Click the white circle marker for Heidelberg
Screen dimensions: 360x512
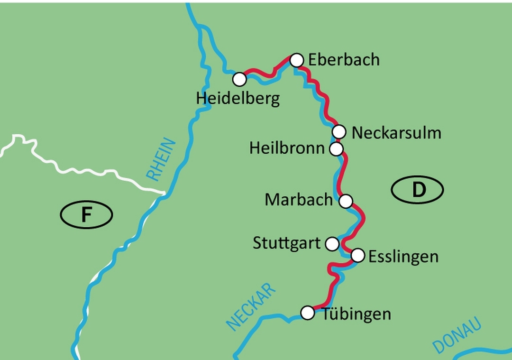point(239,79)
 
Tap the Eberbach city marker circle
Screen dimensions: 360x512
point(296,60)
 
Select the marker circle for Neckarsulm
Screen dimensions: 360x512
point(339,131)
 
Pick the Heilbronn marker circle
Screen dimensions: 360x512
point(336,149)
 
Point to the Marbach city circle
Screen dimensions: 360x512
point(346,201)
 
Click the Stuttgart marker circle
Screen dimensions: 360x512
point(332,244)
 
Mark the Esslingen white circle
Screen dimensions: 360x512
point(358,256)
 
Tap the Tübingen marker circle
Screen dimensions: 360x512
point(308,313)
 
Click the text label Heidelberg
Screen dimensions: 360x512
point(238,99)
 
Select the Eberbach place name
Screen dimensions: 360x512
point(344,60)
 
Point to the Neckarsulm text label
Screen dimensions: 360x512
point(396,133)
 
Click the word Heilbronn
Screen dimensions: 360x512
point(287,149)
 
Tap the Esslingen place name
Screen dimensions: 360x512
point(403,257)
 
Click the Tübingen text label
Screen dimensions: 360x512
point(357,314)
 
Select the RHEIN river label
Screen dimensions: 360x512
point(161,160)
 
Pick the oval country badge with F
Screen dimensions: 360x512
point(86,215)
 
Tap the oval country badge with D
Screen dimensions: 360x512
point(417,190)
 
